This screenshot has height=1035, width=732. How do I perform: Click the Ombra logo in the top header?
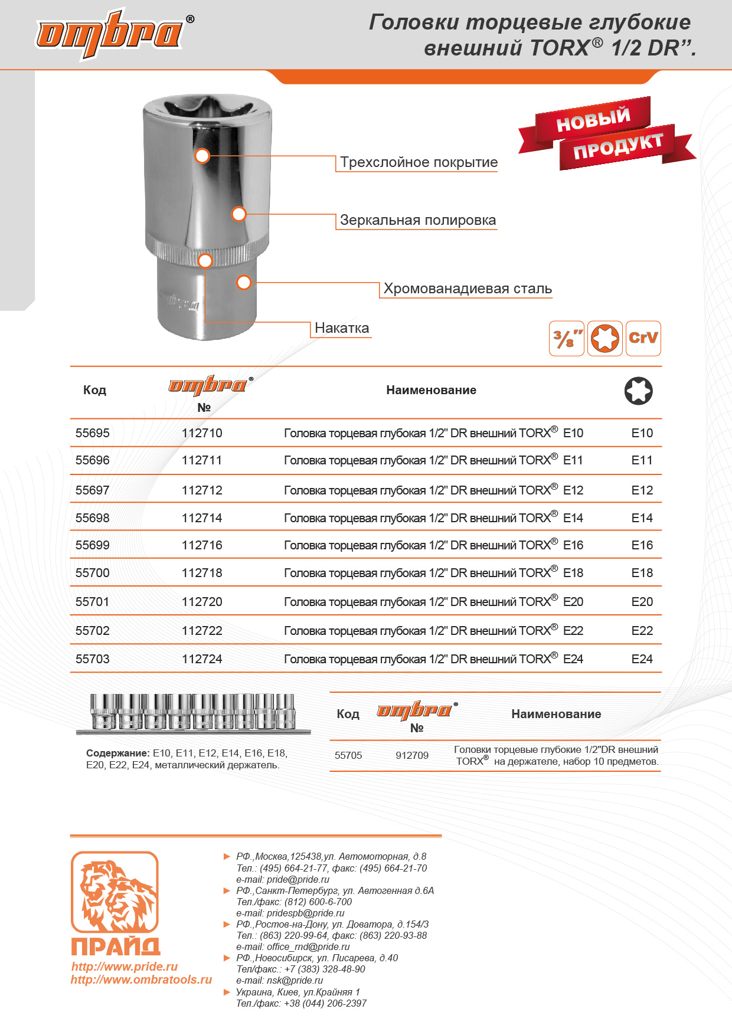pyautogui.click(x=110, y=34)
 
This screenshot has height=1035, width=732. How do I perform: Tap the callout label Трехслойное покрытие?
pyautogui.click(x=419, y=162)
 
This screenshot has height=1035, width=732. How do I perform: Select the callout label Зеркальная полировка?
pyautogui.click(x=417, y=220)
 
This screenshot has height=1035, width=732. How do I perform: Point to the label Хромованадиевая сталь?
pyautogui.click(x=468, y=289)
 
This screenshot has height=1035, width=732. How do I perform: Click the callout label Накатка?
pyautogui.click(x=342, y=328)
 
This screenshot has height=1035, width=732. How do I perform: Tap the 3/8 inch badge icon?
pyautogui.click(x=567, y=339)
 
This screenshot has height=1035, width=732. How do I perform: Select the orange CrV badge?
pyautogui.click(x=643, y=339)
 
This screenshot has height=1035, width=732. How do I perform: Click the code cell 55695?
pyautogui.click(x=93, y=433)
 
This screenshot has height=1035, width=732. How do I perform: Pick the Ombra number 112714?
pyautogui.click(x=202, y=518)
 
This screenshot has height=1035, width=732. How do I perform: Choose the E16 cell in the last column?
pyautogui.click(x=642, y=545)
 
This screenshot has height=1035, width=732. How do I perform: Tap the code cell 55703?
pyautogui.click(x=93, y=659)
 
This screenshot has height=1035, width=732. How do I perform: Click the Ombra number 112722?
pyautogui.click(x=202, y=631)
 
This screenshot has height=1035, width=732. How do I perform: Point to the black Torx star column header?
pyautogui.click(x=638, y=391)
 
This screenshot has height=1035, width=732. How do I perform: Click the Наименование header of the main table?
pyautogui.click(x=431, y=390)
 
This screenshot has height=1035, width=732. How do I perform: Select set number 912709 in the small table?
pyautogui.click(x=412, y=755)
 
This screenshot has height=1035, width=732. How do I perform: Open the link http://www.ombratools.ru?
pyautogui.click(x=141, y=980)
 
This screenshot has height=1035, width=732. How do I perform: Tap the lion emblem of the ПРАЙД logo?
pyautogui.click(x=115, y=892)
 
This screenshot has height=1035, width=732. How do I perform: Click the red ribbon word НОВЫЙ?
pyautogui.click(x=593, y=119)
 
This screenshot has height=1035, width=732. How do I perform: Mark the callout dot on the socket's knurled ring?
pyautogui.click(x=205, y=260)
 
